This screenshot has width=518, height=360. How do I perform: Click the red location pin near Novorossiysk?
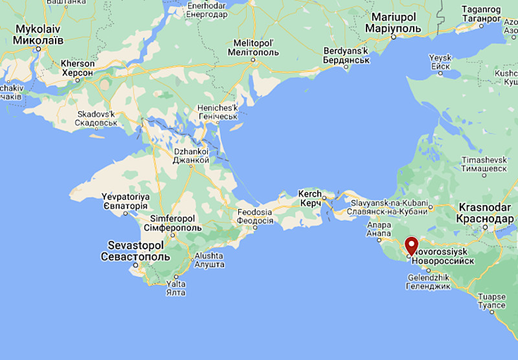(x=411, y=247)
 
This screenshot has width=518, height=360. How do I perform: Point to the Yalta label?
(x=176, y=288)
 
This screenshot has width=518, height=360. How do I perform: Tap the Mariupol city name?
(x=393, y=24)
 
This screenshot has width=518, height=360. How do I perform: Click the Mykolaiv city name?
(x=39, y=34)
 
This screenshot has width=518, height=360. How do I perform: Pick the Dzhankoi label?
(x=191, y=155)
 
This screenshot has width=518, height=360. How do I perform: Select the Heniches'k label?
(x=217, y=111)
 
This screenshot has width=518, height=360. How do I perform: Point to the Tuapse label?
(x=491, y=301)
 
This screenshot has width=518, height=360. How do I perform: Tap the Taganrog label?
(x=482, y=14)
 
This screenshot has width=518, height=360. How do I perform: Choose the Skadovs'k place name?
(x=96, y=118)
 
